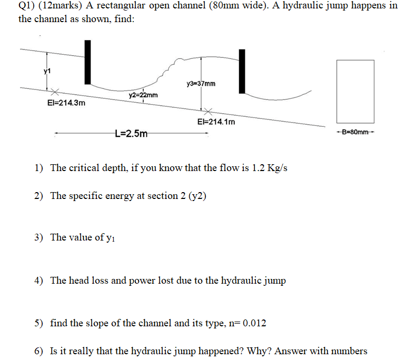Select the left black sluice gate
tap(87, 62)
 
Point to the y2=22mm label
tap(143, 95)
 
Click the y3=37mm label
tap(201, 84)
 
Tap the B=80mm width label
tap(356, 132)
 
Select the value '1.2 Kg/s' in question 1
tap(269, 168)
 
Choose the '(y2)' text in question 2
tap(196, 196)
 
